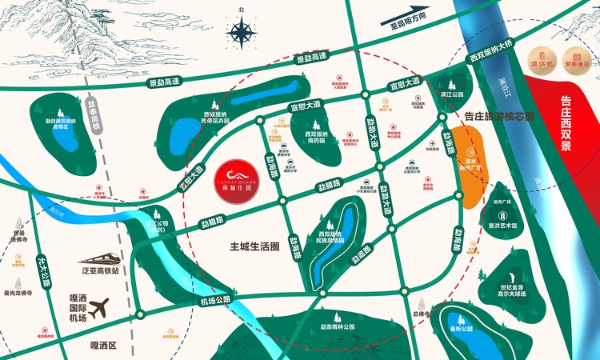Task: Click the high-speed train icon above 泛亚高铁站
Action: [98, 258]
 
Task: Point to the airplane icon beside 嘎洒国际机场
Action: [99, 307]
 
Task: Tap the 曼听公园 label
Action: [462, 329]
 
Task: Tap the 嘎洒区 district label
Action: [102, 345]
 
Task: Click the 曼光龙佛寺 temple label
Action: [17, 294]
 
